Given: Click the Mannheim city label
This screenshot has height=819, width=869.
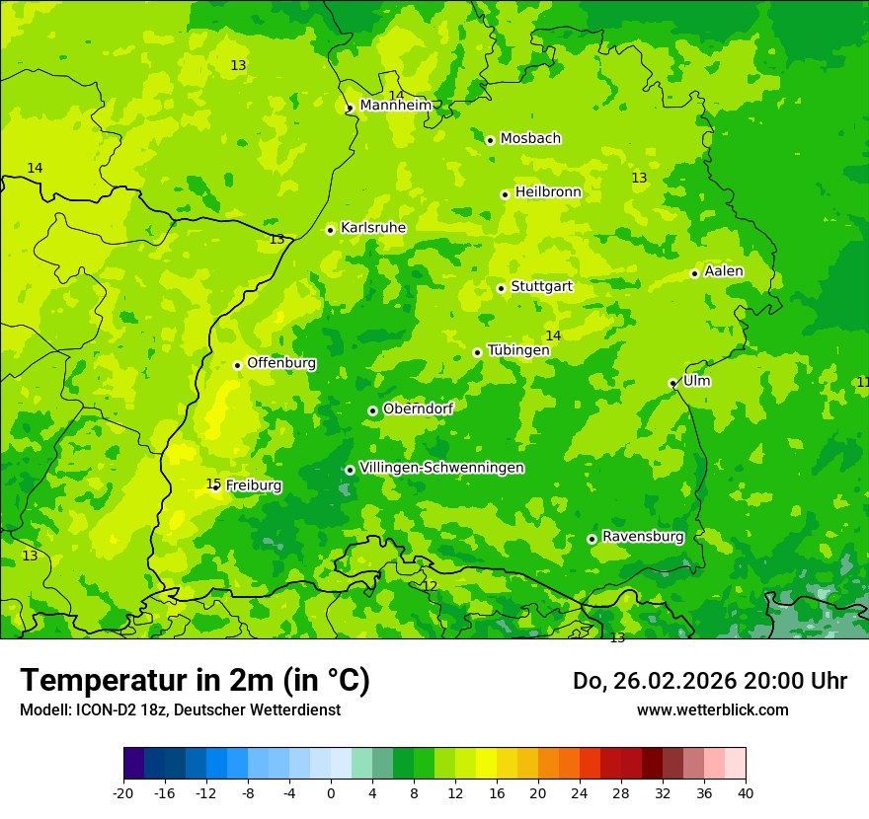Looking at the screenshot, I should [395, 106].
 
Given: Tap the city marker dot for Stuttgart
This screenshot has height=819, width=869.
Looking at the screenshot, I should [502, 288].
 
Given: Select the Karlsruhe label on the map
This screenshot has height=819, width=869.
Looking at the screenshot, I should [372, 228].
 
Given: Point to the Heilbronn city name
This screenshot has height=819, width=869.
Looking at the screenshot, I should [548, 192].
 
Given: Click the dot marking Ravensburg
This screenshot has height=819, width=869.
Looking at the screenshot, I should [592, 539].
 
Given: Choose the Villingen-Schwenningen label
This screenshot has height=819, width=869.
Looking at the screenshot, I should [441, 468].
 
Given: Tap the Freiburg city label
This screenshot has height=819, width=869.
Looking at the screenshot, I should [253, 485].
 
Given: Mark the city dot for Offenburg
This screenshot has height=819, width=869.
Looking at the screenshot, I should [238, 365].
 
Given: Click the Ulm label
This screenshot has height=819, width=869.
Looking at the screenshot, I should [696, 381].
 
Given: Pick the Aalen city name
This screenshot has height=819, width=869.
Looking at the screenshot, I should [724, 271].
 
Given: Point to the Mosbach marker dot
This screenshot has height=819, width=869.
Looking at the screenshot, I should [490, 140].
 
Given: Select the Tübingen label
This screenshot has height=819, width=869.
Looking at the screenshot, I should [518, 350].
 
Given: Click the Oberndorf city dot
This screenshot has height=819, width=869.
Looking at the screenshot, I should [372, 410].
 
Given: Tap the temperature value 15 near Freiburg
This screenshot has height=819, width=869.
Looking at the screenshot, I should [212, 484].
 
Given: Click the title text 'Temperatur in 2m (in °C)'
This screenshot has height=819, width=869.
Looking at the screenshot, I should [195, 681].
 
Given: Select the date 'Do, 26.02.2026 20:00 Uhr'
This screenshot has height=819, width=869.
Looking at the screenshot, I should [710, 681].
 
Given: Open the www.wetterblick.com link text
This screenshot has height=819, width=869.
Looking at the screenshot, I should [712, 710].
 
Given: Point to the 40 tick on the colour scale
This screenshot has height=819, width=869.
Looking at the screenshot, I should [745, 792].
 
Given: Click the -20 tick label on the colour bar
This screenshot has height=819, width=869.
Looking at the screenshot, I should [123, 792].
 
